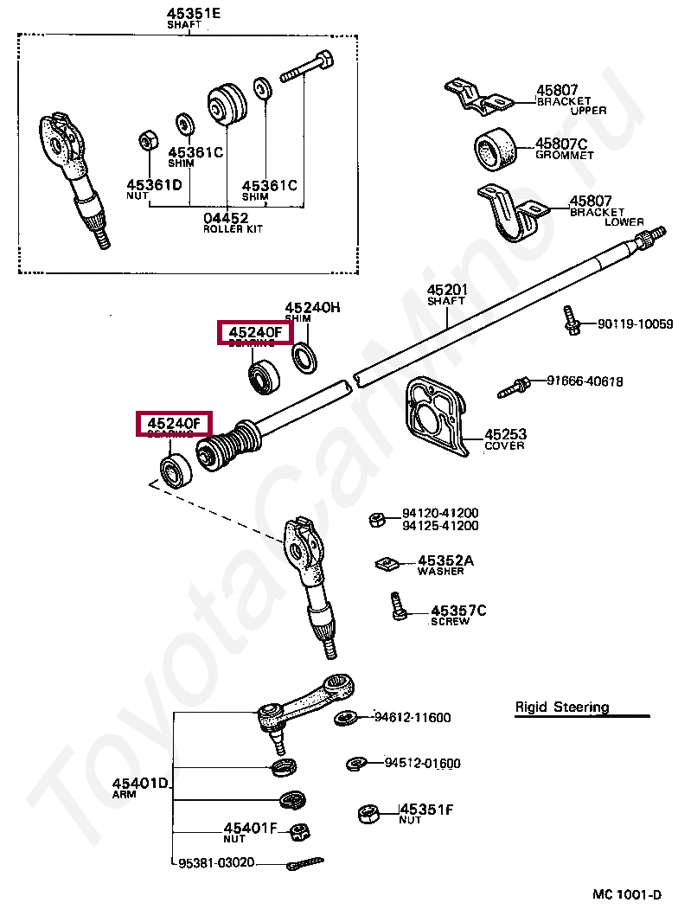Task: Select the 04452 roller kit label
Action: [226, 218]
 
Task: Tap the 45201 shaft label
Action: [446, 290]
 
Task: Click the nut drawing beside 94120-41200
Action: [377, 519]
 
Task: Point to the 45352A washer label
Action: [445, 560]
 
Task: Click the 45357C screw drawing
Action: [397, 605]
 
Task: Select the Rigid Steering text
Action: [562, 707]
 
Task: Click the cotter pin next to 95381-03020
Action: [304, 863]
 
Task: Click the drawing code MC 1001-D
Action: [626, 893]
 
